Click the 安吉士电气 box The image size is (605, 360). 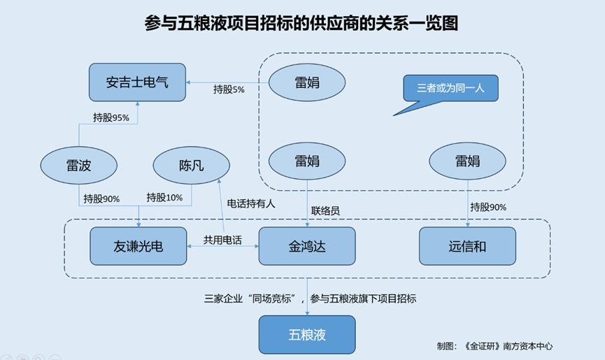(137, 82)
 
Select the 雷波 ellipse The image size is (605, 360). (79, 166)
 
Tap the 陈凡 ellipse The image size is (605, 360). (192, 166)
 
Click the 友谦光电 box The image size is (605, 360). (138, 246)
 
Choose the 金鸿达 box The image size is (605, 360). (307, 246)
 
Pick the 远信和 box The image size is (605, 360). (468, 246)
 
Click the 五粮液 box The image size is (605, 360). (307, 335)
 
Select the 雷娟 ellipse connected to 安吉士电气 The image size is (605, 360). (307, 82)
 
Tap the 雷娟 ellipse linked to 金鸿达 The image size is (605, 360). (307, 161)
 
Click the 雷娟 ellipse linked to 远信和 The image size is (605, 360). (468, 161)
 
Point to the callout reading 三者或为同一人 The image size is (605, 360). (450, 89)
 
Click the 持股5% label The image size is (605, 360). (229, 89)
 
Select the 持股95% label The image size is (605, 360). (111, 117)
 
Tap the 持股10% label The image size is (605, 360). (164, 198)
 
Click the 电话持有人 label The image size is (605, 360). (251, 203)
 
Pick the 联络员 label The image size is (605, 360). (325, 211)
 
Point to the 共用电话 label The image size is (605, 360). (222, 240)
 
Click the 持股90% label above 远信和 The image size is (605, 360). (488, 208)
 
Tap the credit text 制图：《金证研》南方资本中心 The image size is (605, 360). (494, 346)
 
